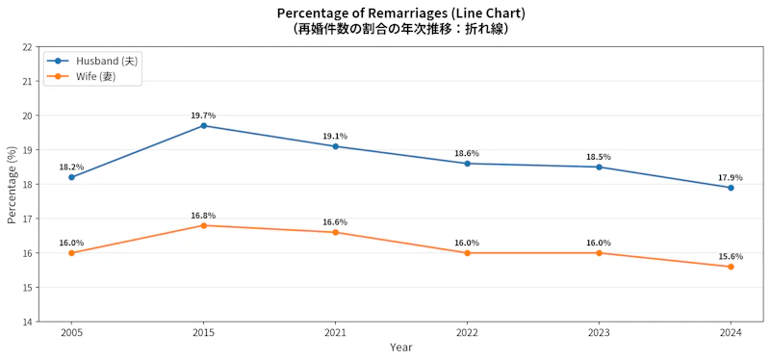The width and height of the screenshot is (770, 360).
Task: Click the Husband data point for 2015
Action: tap(203, 126)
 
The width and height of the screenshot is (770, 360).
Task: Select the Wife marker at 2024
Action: tap(731, 267)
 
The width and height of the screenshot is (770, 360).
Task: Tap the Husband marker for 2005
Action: tap(71, 177)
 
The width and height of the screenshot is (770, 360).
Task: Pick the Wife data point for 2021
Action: tap(335, 232)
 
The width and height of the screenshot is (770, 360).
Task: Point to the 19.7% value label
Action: tap(203, 116)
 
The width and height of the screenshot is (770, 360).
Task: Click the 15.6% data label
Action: tap(731, 256)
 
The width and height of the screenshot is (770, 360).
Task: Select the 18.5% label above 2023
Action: tap(599, 157)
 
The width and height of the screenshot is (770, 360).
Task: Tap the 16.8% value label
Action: tap(203, 215)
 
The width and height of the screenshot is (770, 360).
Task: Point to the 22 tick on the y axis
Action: tap(28, 47)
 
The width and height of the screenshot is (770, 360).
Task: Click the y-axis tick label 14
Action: tap(28, 321)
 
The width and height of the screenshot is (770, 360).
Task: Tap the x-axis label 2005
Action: tap(71, 333)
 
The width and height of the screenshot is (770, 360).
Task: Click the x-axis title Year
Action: tap(401, 347)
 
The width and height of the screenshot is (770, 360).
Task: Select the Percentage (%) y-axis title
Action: tap(13, 185)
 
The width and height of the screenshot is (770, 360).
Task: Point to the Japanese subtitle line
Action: tap(400, 29)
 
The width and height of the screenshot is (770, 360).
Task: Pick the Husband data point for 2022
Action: tap(467, 164)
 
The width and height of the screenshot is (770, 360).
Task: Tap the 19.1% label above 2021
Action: tap(335, 136)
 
